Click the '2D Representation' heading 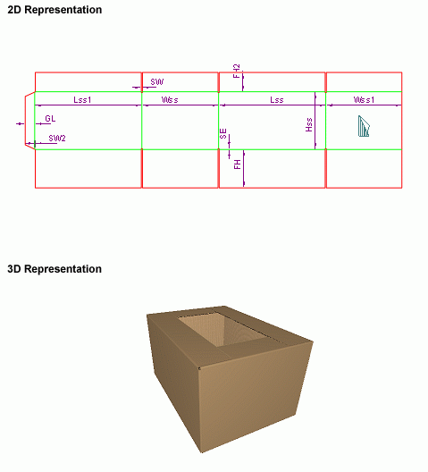tap(55, 10)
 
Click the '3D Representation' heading tap(55, 269)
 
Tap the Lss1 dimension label tap(82, 99)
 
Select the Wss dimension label tap(170, 99)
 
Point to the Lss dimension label tap(277, 99)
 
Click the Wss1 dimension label tap(364, 99)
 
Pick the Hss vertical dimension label tap(309, 124)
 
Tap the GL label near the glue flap tap(50, 119)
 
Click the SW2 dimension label tap(57, 139)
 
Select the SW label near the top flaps tap(156, 81)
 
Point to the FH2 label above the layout tap(237, 71)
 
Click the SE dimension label tap(223, 134)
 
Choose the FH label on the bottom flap tap(237, 164)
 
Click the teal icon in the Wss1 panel tap(364, 126)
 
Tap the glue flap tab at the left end tap(29, 120)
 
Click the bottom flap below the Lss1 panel tap(88, 169)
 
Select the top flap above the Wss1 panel tap(364, 82)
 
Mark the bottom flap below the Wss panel tap(180, 169)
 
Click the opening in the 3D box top tap(222, 329)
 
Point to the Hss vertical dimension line tap(315, 121)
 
